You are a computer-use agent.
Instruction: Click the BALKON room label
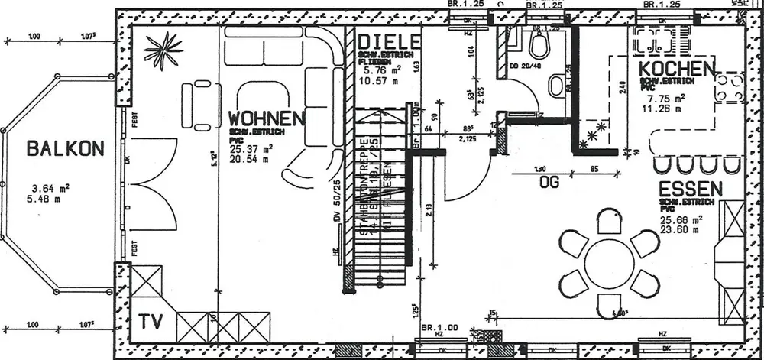(63, 148)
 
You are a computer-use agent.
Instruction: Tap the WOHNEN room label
(267, 118)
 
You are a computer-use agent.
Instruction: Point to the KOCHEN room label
(677, 70)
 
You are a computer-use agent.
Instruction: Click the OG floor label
(551, 181)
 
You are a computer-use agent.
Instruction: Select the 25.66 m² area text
(682, 218)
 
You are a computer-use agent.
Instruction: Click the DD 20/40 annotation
(524, 66)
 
